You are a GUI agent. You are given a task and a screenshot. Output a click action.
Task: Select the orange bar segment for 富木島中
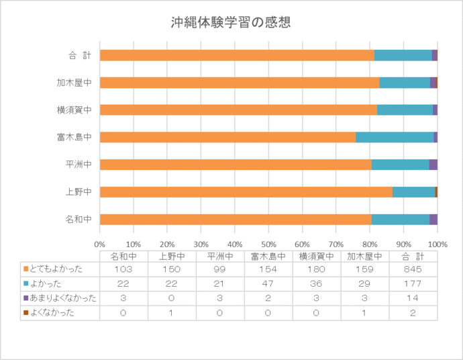point(227,137)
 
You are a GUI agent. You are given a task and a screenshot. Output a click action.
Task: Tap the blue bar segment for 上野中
point(413,192)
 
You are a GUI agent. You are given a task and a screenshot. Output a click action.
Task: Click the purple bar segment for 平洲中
point(433,165)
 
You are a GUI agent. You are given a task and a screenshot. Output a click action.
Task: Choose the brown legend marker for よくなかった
point(25,313)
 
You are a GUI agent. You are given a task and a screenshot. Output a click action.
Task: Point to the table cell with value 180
point(317,269)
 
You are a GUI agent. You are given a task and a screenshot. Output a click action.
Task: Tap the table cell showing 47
point(268,283)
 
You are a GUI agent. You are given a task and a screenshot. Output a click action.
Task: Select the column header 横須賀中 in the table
point(317,255)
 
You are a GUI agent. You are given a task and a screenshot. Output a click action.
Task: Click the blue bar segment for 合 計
point(403,55)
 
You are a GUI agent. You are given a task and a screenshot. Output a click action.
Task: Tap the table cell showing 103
point(123,269)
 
